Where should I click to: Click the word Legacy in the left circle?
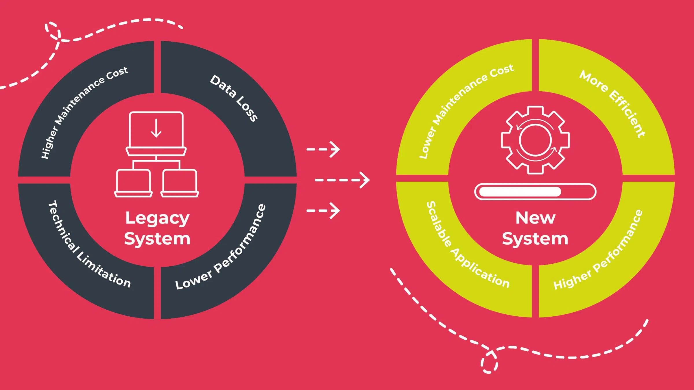[x=157, y=218]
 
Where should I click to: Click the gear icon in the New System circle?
[x=535, y=140]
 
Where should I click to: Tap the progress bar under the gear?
[x=535, y=192]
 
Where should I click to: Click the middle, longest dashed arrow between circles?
[x=342, y=180]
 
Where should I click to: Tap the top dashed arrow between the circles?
[x=323, y=149]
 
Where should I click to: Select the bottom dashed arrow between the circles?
[x=323, y=211]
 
